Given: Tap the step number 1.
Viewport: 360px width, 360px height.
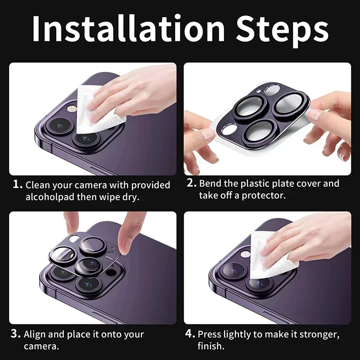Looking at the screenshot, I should tap(17, 184).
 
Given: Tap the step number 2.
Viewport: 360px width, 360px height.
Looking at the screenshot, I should tap(192, 183).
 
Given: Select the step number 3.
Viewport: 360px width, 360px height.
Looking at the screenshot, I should tap(16, 334).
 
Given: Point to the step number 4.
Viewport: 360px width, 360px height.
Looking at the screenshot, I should tap(190, 334).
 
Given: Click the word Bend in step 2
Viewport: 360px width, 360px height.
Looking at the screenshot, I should tap(211, 184).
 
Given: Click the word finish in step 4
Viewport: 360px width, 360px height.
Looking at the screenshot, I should tap(210, 346).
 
